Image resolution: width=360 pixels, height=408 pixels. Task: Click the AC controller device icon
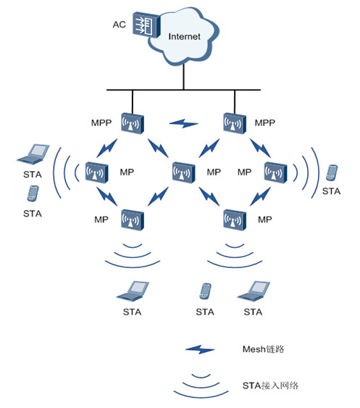click(x=146, y=25)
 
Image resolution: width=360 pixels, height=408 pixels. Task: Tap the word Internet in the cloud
click(x=184, y=37)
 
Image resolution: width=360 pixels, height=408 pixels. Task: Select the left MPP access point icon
click(x=133, y=123)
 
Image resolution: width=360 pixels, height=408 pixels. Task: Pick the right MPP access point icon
click(x=235, y=123)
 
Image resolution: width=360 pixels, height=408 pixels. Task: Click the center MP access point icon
click(x=184, y=172)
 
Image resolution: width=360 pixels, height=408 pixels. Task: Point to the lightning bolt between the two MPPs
click(x=184, y=123)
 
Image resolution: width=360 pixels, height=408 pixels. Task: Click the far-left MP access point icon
click(x=97, y=172)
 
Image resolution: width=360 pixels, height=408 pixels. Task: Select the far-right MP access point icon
click(x=276, y=172)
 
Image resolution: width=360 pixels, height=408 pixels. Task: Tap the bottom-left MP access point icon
click(x=133, y=220)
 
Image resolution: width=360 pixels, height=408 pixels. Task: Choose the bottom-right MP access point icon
click(x=235, y=220)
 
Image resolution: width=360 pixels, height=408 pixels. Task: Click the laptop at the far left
click(x=33, y=154)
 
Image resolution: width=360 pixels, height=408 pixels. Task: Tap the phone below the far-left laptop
click(x=33, y=193)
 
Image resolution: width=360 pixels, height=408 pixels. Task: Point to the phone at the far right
click(x=332, y=172)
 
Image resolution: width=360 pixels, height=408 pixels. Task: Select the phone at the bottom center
click(x=205, y=291)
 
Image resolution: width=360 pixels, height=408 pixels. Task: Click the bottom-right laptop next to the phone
click(x=254, y=291)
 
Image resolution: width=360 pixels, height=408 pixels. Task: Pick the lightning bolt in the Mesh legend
click(x=200, y=349)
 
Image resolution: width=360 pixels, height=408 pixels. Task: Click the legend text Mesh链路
click(x=263, y=349)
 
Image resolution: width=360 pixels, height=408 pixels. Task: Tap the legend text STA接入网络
click(x=270, y=386)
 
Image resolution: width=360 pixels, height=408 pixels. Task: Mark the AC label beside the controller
click(x=119, y=25)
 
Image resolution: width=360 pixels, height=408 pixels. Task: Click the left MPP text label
click(x=101, y=122)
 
